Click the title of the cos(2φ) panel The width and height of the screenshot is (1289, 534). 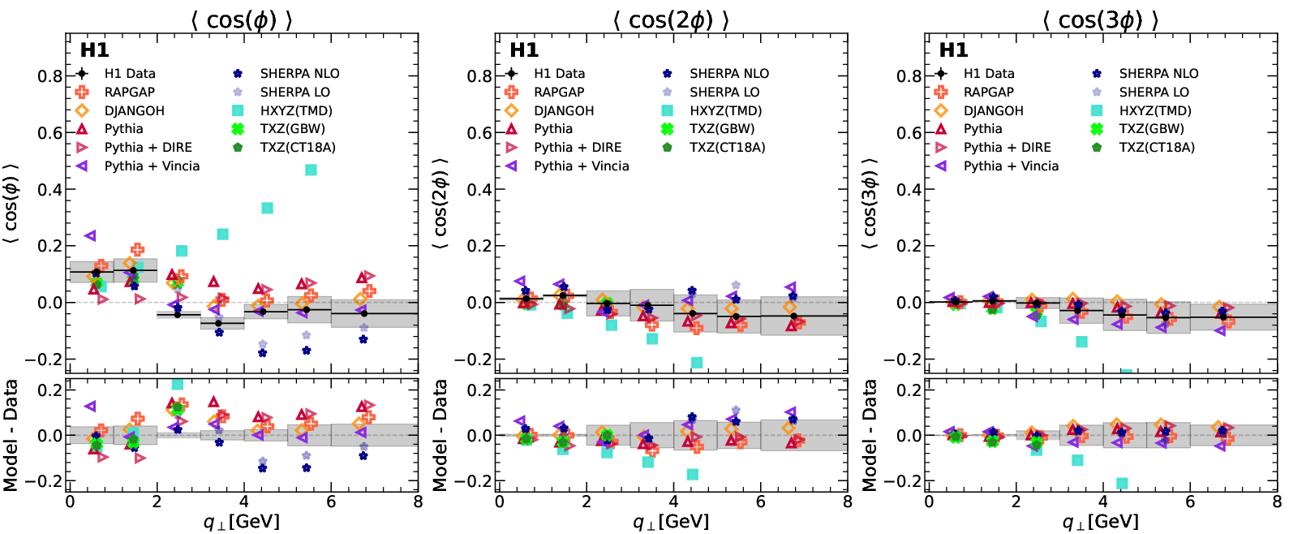[x=671, y=19]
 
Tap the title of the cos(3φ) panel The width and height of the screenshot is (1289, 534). [x=1100, y=19]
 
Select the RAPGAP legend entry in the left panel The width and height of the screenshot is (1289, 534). [x=129, y=92]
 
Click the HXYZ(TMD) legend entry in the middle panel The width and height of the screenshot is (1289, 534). [x=725, y=110]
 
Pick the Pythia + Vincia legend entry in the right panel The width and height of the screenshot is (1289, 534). [x=1011, y=166]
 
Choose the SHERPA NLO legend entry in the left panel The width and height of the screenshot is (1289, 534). [x=299, y=73]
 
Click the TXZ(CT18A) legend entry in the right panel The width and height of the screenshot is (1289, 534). [x=1157, y=147]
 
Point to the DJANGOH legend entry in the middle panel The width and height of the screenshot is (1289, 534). [x=563, y=110]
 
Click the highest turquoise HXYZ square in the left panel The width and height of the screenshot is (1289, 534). [x=310, y=170]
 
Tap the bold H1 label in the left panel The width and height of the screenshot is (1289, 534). [x=94, y=50]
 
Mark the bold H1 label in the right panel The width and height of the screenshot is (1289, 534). [x=953, y=50]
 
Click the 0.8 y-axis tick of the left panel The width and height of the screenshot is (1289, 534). [x=50, y=76]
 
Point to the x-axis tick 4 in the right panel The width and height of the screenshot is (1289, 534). [x=1103, y=502]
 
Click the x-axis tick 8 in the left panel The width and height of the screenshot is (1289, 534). [x=418, y=502]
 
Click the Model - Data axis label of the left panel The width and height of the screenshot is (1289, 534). [x=11, y=435]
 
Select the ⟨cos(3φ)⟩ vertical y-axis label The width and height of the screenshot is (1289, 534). [x=870, y=203]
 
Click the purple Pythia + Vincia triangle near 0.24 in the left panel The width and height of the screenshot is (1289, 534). [x=90, y=236]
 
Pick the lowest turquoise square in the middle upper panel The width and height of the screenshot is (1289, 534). [x=696, y=363]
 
